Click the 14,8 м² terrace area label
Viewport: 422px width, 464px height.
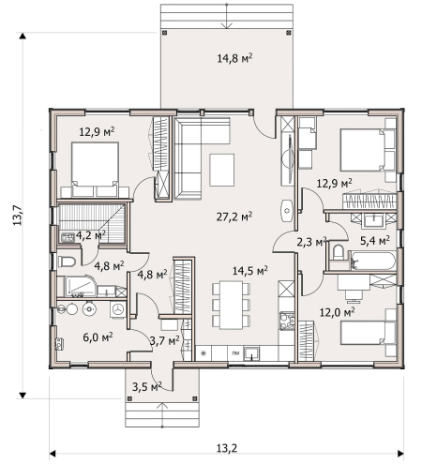click(234, 58)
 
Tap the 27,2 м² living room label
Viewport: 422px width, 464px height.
click(234, 217)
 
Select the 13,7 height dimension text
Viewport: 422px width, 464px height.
click(17, 215)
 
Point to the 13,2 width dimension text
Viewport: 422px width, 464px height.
click(227, 448)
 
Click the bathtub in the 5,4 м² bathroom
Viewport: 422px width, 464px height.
click(373, 261)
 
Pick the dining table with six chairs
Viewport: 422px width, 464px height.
click(231, 305)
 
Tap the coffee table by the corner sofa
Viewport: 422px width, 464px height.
click(222, 170)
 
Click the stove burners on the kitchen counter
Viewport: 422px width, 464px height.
click(287, 321)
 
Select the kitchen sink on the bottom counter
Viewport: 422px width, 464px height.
click(252, 353)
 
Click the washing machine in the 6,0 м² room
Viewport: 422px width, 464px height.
click(118, 309)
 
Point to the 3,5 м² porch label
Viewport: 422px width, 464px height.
click(146, 386)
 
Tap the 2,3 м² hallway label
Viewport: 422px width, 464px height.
click(311, 242)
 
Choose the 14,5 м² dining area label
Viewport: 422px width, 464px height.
click(249, 271)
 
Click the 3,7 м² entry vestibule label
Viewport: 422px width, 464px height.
click(164, 340)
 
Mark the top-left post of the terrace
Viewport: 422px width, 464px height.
click(165, 33)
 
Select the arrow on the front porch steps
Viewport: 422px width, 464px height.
click(162, 415)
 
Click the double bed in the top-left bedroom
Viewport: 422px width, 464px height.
click(95, 170)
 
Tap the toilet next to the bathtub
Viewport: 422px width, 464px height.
click(338, 253)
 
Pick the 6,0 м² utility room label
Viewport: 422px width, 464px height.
click(98, 337)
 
